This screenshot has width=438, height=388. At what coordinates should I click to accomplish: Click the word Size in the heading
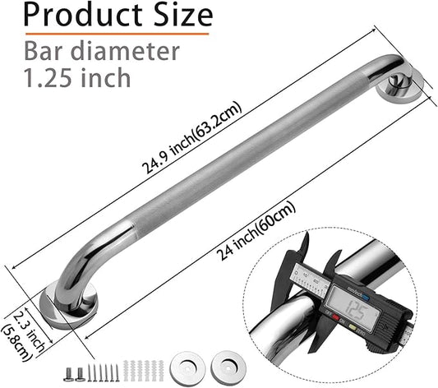tap(183, 16)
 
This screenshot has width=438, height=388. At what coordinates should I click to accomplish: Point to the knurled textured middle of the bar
tap(238, 157)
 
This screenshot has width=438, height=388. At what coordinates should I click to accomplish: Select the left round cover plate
tap(190, 367)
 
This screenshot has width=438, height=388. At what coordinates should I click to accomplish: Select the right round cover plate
tap(225, 367)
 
